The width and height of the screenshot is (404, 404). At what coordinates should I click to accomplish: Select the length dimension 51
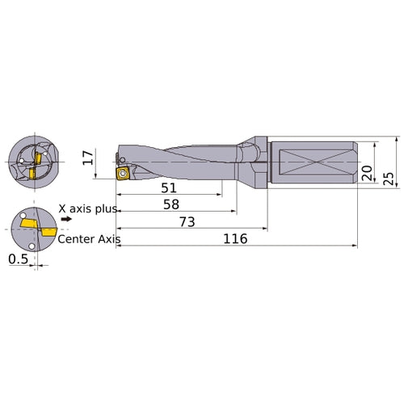point(168,187)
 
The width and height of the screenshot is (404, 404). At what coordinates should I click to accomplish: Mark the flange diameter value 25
point(389,177)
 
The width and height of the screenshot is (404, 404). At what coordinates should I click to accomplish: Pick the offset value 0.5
point(16,260)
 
